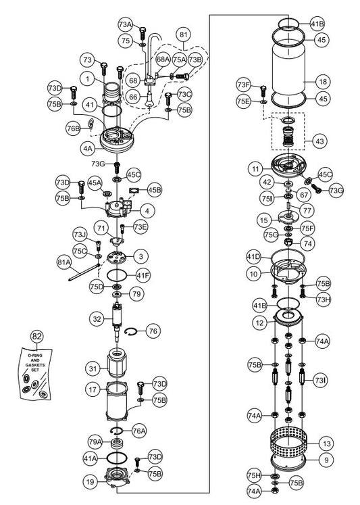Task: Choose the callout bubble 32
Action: click(98, 318)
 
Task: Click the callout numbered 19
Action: click(89, 482)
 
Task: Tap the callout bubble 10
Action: click(253, 274)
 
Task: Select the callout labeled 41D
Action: click(253, 257)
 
